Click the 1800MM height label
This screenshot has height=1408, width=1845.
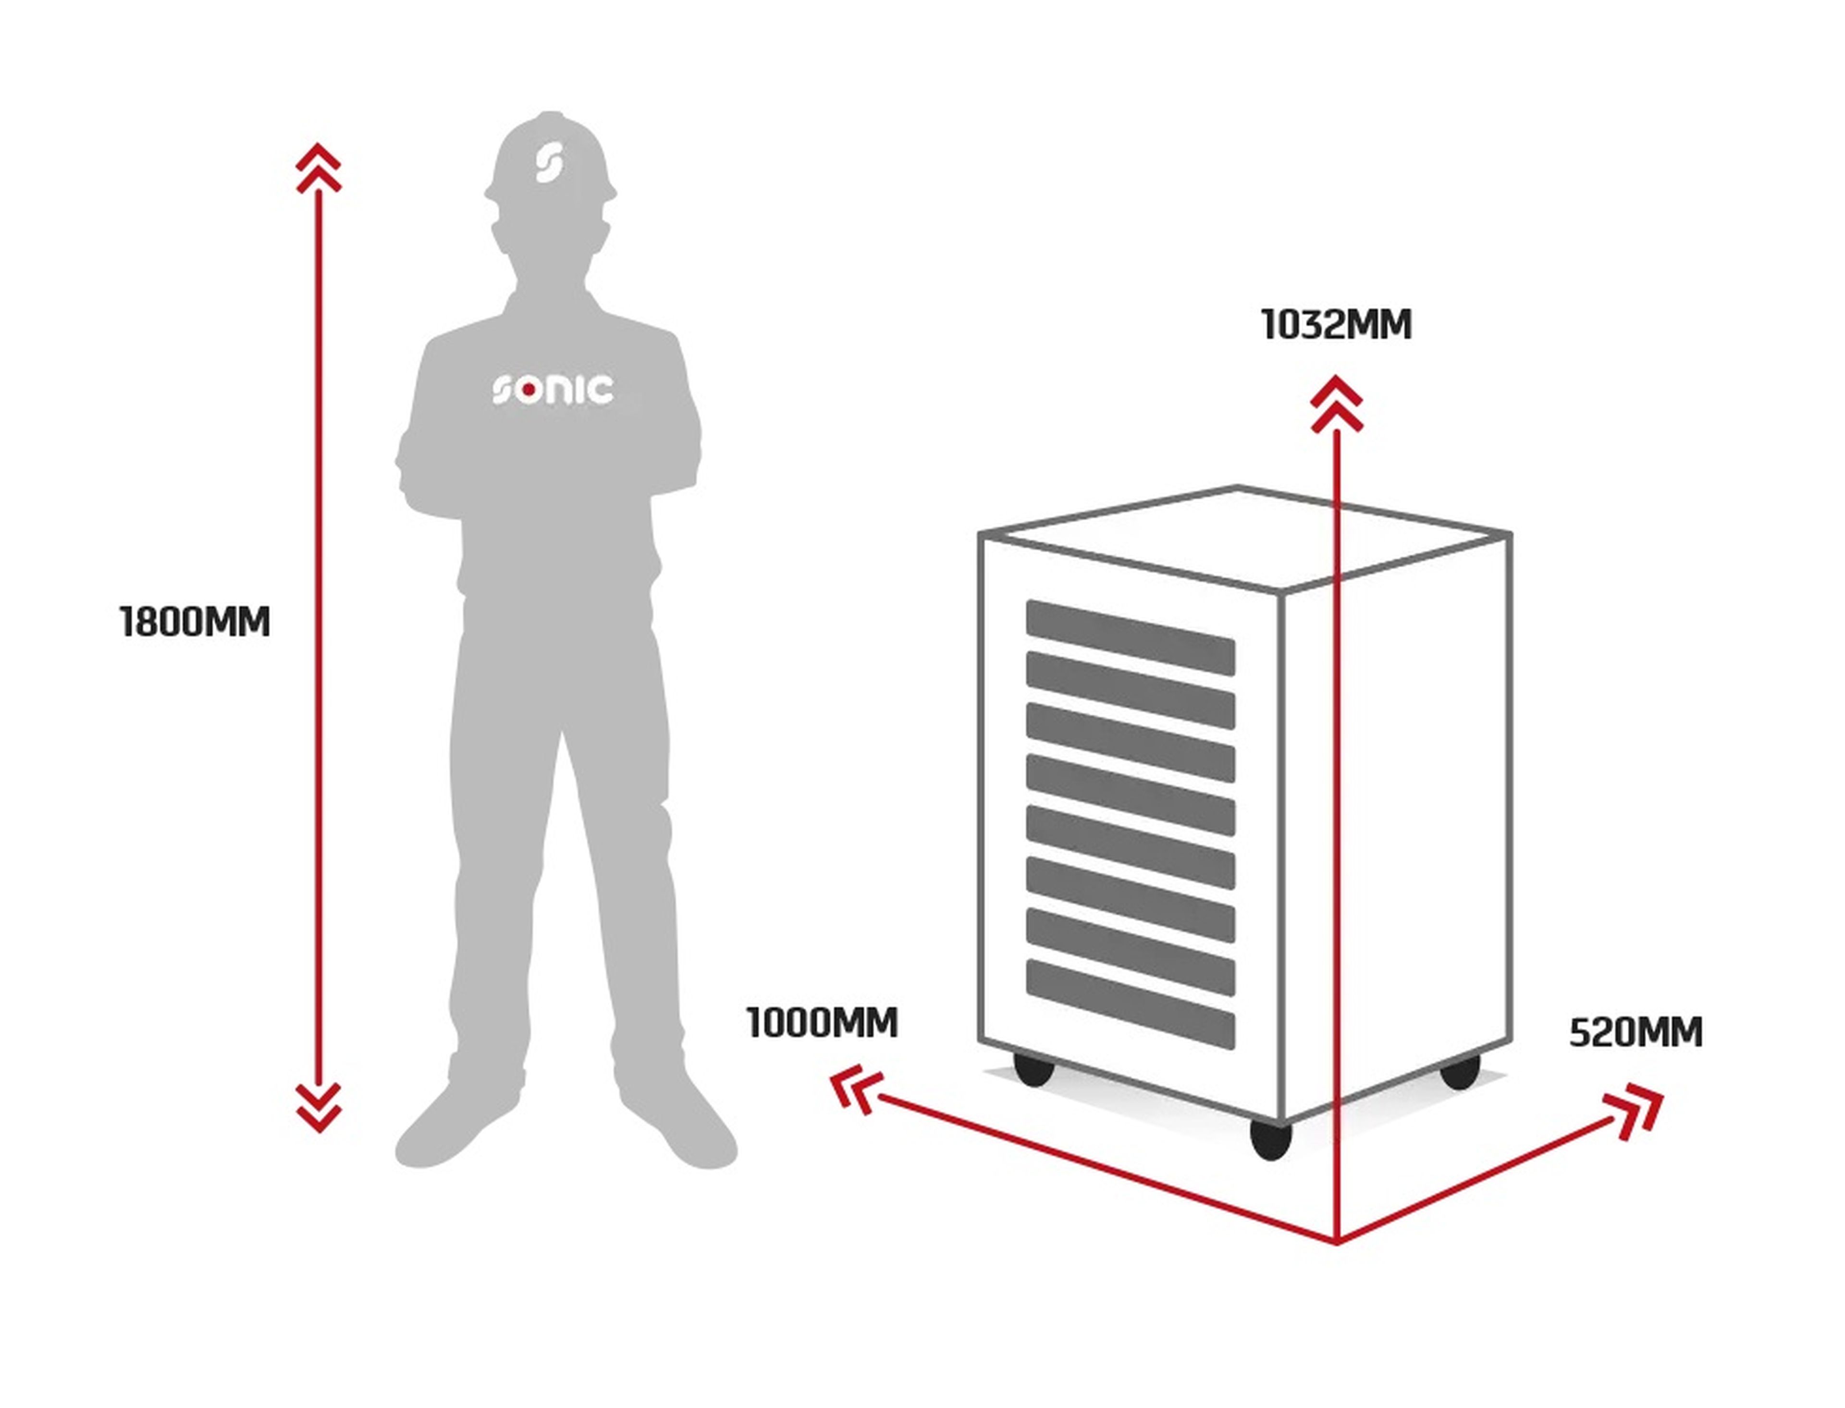195,623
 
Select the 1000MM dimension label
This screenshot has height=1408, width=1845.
822,1023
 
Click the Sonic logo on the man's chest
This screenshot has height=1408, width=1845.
553,390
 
